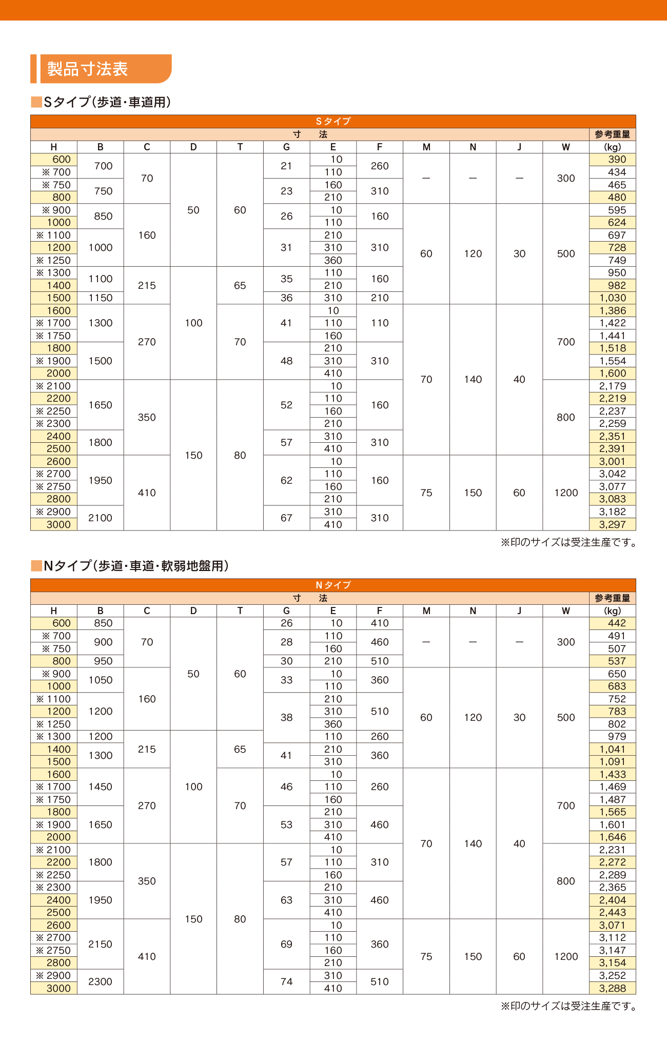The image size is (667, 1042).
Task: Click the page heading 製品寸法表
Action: coord(88,69)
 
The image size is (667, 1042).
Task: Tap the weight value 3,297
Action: coord(613,524)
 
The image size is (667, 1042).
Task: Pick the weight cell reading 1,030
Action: coord(613,298)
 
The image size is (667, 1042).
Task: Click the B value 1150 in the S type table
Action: coord(101,298)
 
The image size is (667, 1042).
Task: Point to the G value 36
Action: coord(286,298)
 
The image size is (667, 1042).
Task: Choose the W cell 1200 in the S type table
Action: coord(566,493)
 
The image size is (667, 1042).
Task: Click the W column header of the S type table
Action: coord(566,147)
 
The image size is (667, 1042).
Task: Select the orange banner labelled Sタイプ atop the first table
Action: coord(333,122)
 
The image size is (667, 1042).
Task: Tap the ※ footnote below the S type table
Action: coord(568,542)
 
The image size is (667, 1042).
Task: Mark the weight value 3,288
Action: coord(613,988)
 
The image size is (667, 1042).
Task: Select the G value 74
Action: coord(286,982)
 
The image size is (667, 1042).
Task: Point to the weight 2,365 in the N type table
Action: coord(613,888)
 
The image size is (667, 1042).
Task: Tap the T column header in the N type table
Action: coord(240,611)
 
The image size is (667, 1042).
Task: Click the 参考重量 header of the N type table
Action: coord(613,598)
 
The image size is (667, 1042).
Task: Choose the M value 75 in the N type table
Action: coord(426,957)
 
